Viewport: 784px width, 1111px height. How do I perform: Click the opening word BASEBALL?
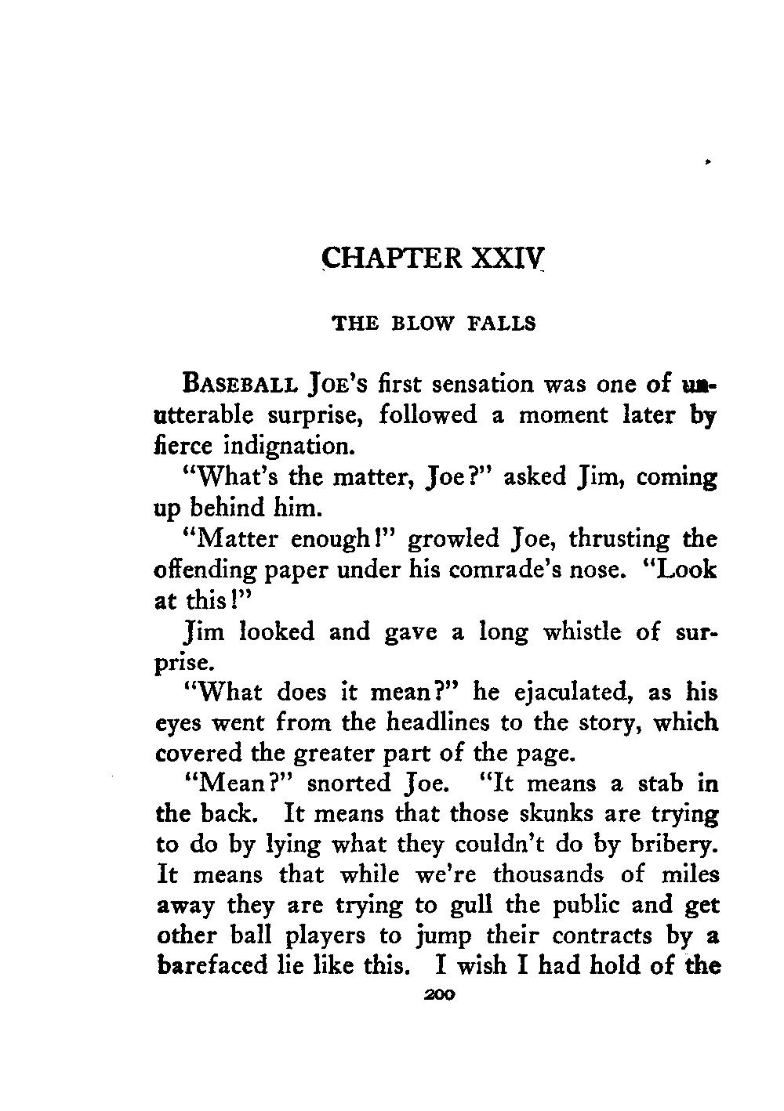239,386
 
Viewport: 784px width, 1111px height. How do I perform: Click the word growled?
455,541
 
